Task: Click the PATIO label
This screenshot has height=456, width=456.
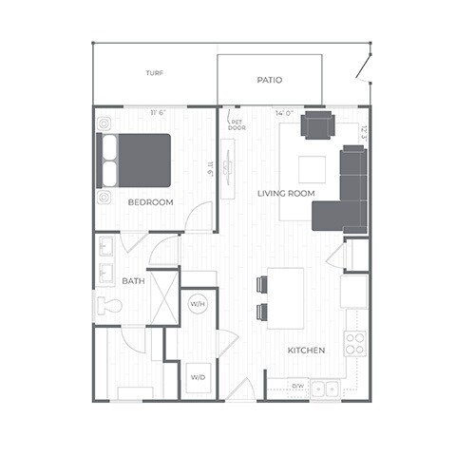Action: (270, 81)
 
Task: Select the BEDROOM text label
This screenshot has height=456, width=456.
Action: (150, 202)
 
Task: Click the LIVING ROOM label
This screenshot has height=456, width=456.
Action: (286, 194)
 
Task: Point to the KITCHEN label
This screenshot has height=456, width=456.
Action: (306, 351)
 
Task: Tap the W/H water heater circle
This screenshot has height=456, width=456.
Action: (198, 305)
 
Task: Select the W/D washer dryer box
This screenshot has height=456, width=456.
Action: (198, 377)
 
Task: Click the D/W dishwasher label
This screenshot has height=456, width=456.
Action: (297, 386)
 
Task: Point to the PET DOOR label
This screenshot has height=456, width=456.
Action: (237, 124)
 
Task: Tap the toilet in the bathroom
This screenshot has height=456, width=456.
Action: (109, 306)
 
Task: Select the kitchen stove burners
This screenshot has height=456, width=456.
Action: (355, 343)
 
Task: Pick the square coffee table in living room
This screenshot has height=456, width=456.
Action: (312, 169)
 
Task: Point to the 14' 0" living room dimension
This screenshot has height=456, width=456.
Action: (285, 113)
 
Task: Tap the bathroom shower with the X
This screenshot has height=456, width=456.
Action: (162, 297)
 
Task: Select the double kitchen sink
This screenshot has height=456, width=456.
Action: (326, 387)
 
